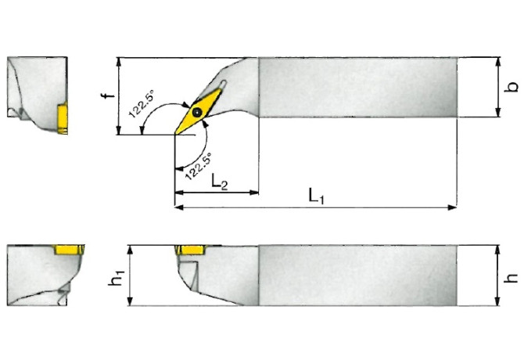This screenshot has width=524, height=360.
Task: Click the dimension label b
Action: tap(512, 87)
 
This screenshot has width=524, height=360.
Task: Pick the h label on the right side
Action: tap(512, 276)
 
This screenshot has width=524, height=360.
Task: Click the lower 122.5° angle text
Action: tap(198, 166)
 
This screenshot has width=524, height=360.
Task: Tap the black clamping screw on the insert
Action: tap(196, 113)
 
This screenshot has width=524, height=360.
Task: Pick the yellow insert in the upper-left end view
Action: tap(62, 117)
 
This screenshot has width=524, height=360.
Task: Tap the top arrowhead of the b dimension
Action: tap(497, 61)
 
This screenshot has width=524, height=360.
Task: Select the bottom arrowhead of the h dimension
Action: tap(498, 303)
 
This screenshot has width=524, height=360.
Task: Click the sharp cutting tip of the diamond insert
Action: tap(175, 134)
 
